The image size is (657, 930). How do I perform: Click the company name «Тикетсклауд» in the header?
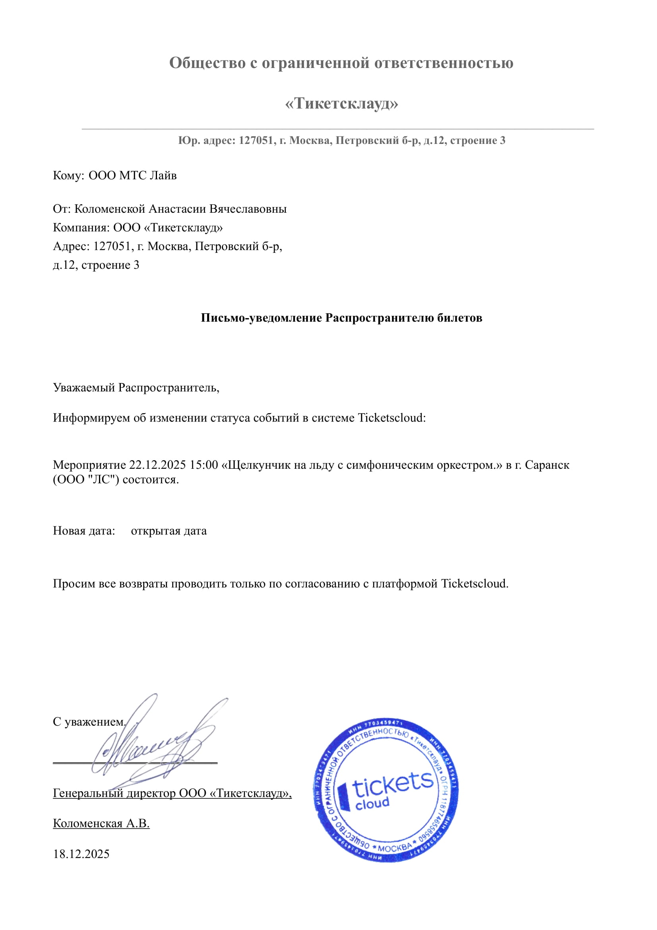(x=341, y=104)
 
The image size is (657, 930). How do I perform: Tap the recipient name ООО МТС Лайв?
(x=132, y=176)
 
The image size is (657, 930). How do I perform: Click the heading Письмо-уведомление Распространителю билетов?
(x=341, y=318)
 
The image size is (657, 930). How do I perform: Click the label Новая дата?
(x=84, y=531)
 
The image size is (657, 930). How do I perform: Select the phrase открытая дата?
(x=169, y=531)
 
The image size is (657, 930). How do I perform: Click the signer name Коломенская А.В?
(x=101, y=823)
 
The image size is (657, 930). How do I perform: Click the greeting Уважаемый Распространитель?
(x=136, y=388)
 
